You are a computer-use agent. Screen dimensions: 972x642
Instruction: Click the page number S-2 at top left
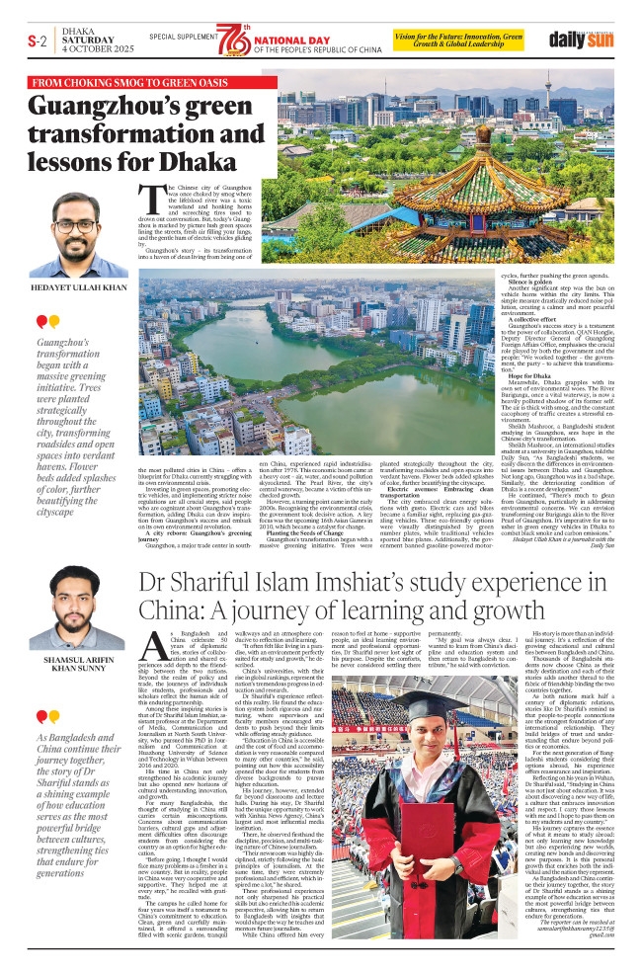tap(37, 40)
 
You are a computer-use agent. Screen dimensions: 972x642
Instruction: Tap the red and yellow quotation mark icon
tap(47, 322)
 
